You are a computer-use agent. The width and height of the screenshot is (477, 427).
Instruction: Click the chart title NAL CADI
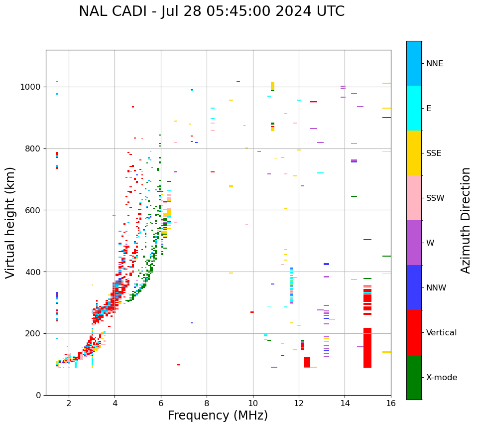[x=212, y=11]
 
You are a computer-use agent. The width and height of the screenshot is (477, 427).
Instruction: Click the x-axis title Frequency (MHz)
[x=218, y=416]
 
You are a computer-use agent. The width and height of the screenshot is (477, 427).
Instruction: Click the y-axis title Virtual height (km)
[x=10, y=222]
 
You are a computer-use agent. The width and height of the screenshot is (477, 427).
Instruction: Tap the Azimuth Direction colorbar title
[x=466, y=220]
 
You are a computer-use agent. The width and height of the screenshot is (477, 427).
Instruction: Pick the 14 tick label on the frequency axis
[x=345, y=403]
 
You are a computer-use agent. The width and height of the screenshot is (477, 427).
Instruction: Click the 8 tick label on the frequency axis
[x=207, y=403]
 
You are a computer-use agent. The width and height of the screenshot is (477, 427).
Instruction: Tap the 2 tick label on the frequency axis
[x=69, y=403]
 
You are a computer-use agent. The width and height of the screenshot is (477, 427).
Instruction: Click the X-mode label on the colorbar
[x=442, y=378]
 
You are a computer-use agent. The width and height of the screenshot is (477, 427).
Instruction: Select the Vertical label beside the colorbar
[x=441, y=333]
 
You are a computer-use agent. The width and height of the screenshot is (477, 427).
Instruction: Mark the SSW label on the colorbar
[x=435, y=198]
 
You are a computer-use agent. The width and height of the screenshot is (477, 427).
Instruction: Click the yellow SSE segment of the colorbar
[x=414, y=153]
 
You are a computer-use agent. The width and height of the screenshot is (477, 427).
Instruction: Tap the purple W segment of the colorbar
[x=414, y=243]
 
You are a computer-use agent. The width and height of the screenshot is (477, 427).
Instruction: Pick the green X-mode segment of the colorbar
[x=414, y=377]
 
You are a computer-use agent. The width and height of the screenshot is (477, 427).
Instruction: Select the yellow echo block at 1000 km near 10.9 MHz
[x=272, y=86]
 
